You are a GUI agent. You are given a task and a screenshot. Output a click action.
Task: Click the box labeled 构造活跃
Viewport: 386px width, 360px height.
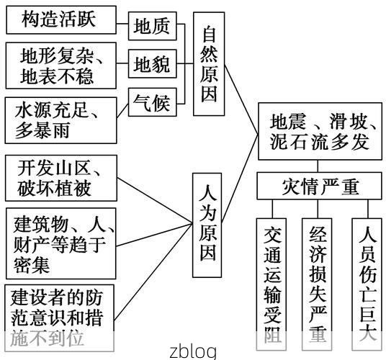pos(60,19)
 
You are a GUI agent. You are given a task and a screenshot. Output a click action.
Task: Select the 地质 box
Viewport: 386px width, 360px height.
pos(152,27)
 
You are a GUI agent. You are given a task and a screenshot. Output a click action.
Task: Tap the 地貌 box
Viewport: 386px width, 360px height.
pos(152,66)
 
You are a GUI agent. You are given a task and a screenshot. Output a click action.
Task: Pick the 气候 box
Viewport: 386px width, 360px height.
pos(152,104)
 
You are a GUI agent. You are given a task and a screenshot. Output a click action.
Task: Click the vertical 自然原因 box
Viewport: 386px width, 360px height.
pos(209,66)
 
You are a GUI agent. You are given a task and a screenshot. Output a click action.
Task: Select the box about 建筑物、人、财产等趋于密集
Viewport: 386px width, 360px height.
pos(60,243)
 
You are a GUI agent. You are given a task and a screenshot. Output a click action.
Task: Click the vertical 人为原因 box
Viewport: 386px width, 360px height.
pos(209,225)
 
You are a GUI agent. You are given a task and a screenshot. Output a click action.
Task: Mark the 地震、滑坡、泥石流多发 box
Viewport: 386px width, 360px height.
pos(320,130)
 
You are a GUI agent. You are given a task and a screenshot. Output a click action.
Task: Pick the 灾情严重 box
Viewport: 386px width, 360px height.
pos(320,187)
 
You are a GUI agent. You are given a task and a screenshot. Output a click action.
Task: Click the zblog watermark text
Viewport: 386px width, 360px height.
pos(192,351)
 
